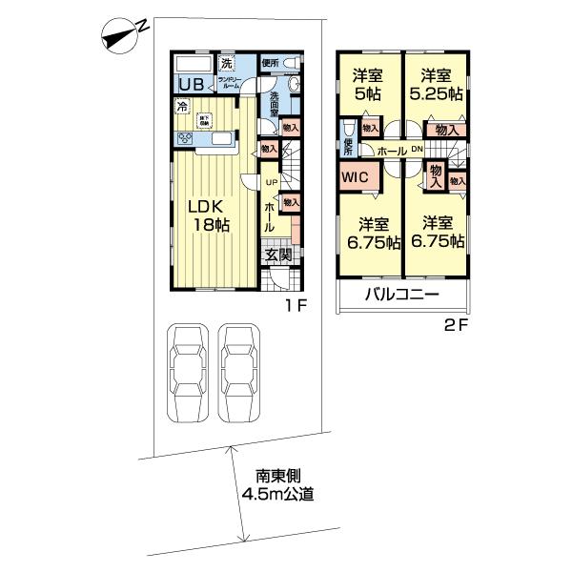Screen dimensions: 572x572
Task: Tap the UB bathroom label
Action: click(x=190, y=83)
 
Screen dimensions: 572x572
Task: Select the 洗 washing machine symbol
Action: click(x=226, y=64)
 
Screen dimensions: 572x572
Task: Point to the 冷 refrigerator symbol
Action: click(x=183, y=108)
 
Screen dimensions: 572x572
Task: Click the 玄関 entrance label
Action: click(x=277, y=255)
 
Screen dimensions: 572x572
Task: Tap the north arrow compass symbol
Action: click(x=121, y=36)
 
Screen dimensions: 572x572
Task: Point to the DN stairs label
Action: click(x=417, y=151)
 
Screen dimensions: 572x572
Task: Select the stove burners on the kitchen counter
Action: click(x=183, y=138)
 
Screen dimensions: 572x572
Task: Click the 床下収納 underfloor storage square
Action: click(x=205, y=121)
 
